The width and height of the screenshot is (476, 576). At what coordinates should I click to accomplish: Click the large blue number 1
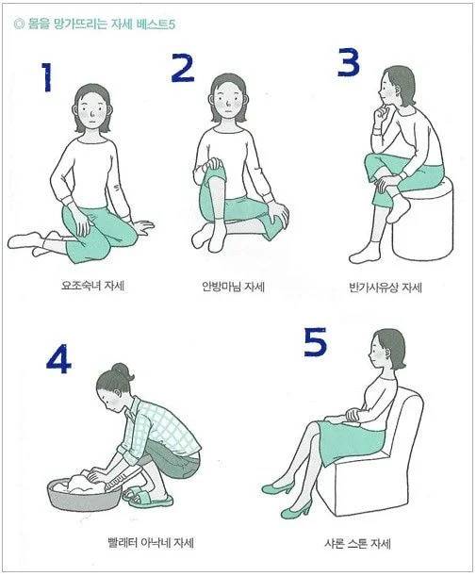point(46,77)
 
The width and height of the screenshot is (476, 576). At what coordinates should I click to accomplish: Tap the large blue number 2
point(183,68)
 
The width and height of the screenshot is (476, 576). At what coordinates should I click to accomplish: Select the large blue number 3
point(349,62)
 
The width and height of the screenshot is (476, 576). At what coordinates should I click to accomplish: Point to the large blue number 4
point(58,358)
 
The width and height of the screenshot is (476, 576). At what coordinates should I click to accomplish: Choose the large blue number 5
point(315,341)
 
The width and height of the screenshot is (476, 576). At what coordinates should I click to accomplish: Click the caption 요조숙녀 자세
point(92,286)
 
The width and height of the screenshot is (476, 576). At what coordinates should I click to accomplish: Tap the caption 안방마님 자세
point(233,287)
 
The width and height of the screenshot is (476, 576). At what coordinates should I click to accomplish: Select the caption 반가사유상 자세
point(386,287)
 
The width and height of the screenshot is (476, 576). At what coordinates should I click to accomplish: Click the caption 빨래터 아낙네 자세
point(151,542)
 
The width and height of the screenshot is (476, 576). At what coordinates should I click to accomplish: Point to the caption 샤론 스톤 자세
point(357,543)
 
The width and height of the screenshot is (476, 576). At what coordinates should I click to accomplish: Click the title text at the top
point(94,25)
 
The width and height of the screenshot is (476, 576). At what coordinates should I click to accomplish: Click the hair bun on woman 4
point(120,370)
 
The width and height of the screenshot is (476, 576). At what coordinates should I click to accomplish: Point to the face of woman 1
point(91,108)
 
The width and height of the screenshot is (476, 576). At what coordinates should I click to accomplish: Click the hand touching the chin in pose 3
point(381,112)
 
